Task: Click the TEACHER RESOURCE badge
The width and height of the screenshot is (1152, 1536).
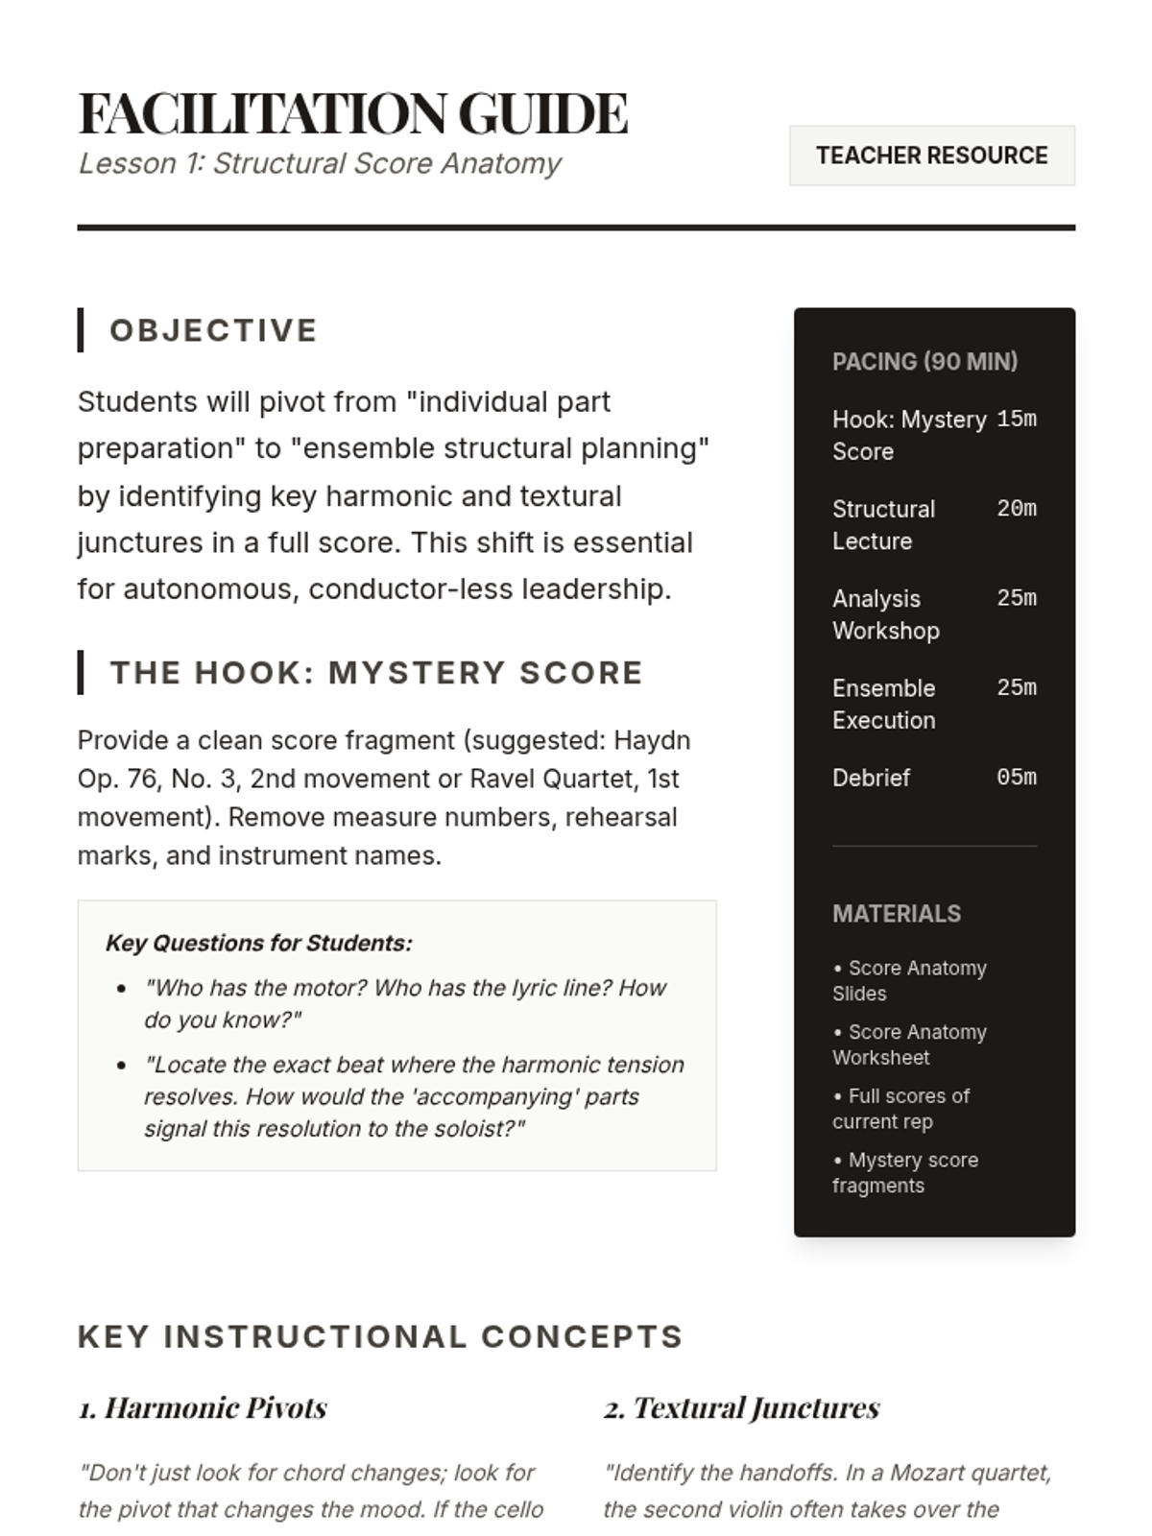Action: [x=931, y=156]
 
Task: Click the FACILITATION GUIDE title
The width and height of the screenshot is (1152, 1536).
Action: [x=353, y=113]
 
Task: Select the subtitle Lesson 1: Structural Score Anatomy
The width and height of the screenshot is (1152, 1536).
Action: [x=320, y=164]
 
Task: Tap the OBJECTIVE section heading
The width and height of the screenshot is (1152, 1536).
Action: [x=213, y=330]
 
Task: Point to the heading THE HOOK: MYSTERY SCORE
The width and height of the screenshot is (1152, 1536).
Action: [x=376, y=673]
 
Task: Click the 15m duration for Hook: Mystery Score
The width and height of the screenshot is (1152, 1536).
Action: [x=1016, y=420]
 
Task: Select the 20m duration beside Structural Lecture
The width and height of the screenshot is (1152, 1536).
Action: [x=1016, y=509]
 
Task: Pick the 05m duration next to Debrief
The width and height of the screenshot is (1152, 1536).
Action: [x=1016, y=778]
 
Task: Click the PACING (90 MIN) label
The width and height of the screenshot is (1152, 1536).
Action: [x=924, y=362]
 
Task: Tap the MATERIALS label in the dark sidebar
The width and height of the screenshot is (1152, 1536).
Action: [x=896, y=914]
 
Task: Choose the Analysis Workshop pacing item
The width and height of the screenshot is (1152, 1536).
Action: [x=885, y=614]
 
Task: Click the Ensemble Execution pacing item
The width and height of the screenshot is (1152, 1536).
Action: [x=883, y=704]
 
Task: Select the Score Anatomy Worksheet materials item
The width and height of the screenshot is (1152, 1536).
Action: [x=908, y=1044]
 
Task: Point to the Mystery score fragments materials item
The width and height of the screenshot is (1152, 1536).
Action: [x=904, y=1172]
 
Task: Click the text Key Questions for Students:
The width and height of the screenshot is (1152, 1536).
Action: [x=258, y=944]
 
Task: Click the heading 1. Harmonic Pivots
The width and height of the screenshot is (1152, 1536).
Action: [x=203, y=1408]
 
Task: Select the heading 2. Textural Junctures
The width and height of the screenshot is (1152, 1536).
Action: [x=741, y=1408]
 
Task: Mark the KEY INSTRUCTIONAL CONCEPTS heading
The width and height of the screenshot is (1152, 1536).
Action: [x=380, y=1337]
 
